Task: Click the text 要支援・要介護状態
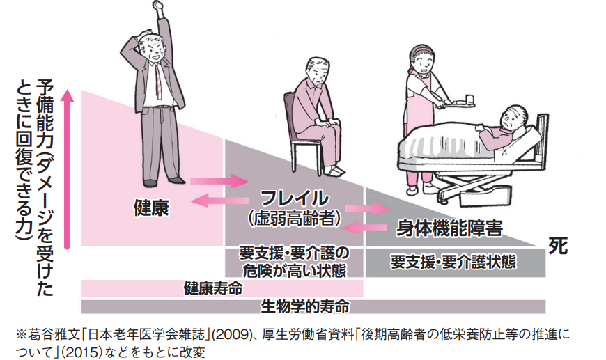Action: pos(453,263)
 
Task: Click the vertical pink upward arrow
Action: pos(67,167)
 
